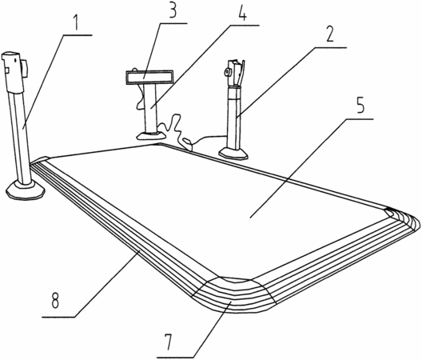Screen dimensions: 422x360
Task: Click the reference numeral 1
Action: pos(76,23)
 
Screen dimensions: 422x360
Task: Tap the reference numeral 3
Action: pos(173,10)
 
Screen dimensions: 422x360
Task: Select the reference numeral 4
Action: pos(242,12)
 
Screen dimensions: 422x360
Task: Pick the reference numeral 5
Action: pos(360,105)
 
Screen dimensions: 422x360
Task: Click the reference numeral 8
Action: pos(55,300)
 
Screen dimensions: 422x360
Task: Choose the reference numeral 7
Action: pos(169,342)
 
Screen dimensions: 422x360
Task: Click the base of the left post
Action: pos(26,190)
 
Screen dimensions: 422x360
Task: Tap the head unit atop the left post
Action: pos(14,72)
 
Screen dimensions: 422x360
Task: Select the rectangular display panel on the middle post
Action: pos(149,78)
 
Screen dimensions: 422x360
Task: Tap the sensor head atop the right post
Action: pos(235,73)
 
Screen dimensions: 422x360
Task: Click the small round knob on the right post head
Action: pos(228,72)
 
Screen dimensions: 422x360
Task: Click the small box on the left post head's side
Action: pos(25,69)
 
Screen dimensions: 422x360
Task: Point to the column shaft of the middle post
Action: pos(150,108)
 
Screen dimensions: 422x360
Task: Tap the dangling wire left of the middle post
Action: pos(139,96)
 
